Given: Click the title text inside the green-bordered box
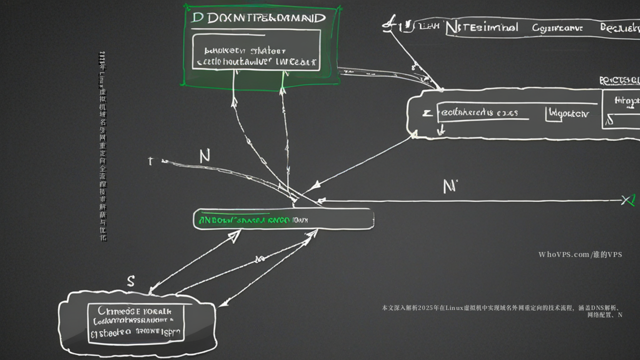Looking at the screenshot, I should tap(258, 18).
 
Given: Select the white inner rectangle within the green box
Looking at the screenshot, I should tap(256, 50).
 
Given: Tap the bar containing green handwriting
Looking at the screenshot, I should tap(283, 219).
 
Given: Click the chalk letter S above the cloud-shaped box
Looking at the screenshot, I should tap(130, 281).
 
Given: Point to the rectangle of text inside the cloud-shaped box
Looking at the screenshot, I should tap(136, 323).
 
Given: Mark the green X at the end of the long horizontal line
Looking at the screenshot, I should tap(628, 200).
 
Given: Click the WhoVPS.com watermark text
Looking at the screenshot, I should tap(580, 254).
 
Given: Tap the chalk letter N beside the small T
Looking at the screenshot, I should tap(204, 156).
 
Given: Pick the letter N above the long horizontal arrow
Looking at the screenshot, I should tap(449, 186).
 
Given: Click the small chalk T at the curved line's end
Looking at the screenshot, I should tap(150, 161).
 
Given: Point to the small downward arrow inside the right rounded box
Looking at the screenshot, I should tap(441, 130).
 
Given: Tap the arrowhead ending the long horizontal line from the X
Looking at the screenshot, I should tap(322, 201).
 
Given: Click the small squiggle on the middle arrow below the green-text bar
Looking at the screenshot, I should tap(259, 259).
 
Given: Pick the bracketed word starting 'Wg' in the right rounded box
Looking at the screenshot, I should tap(567, 113).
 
